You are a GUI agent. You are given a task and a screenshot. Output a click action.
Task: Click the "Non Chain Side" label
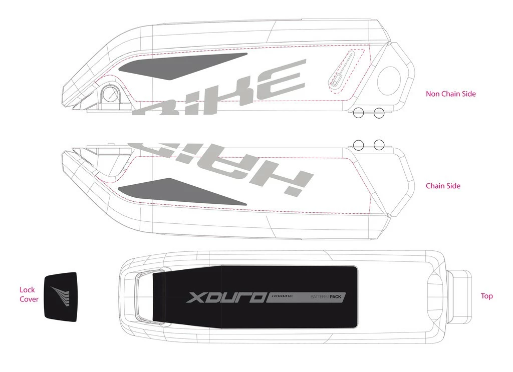[x=450, y=94]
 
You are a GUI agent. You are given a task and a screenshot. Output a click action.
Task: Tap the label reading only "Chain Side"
[x=443, y=186]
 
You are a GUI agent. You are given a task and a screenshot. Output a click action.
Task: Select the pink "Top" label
[x=486, y=296]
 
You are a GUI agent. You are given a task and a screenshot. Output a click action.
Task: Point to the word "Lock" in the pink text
[x=27, y=289]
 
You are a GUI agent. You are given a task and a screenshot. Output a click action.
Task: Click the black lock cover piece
[x=60, y=295]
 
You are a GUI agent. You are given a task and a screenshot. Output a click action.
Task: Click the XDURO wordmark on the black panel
[x=225, y=297]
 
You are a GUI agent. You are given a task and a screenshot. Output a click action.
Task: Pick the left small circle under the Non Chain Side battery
[x=359, y=113]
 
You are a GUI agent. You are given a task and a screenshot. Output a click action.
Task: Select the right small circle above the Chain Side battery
[x=379, y=145]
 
